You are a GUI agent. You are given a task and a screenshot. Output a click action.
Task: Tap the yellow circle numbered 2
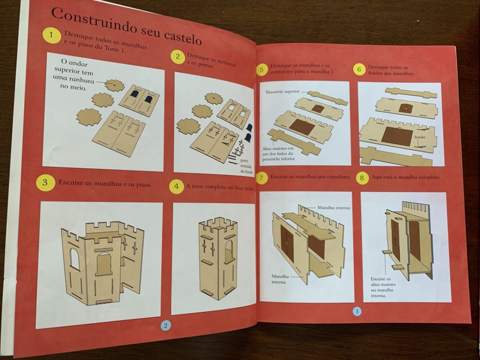pyautogui.click(x=178, y=57)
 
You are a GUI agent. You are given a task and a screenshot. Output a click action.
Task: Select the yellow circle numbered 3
pyautogui.click(x=45, y=182)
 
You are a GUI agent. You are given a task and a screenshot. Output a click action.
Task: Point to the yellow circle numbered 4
pyautogui.click(x=176, y=186)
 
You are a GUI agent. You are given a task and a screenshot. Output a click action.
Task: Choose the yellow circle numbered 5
pyautogui.click(x=262, y=70)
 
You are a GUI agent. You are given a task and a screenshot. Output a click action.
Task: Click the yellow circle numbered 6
pyautogui.click(x=359, y=70)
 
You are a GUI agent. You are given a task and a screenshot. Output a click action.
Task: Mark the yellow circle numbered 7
pyautogui.click(x=261, y=178)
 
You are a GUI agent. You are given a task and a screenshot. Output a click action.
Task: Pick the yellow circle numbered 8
pyautogui.click(x=362, y=178)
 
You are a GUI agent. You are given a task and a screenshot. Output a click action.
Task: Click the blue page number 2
pyautogui.click(x=166, y=326)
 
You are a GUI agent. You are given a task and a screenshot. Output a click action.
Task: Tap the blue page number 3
pyautogui.click(x=357, y=311)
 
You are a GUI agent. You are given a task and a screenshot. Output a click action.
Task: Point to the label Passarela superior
pyautogui.click(x=282, y=92)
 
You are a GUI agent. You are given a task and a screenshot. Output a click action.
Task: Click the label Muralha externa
pyautogui.click(x=334, y=208)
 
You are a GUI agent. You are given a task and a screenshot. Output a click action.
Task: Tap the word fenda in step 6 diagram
pyautogui.click(x=420, y=137)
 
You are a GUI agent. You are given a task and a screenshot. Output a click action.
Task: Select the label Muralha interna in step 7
pyautogui.click(x=280, y=279)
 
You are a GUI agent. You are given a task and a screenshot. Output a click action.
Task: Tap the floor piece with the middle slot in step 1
pyautogui.click(x=114, y=85)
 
